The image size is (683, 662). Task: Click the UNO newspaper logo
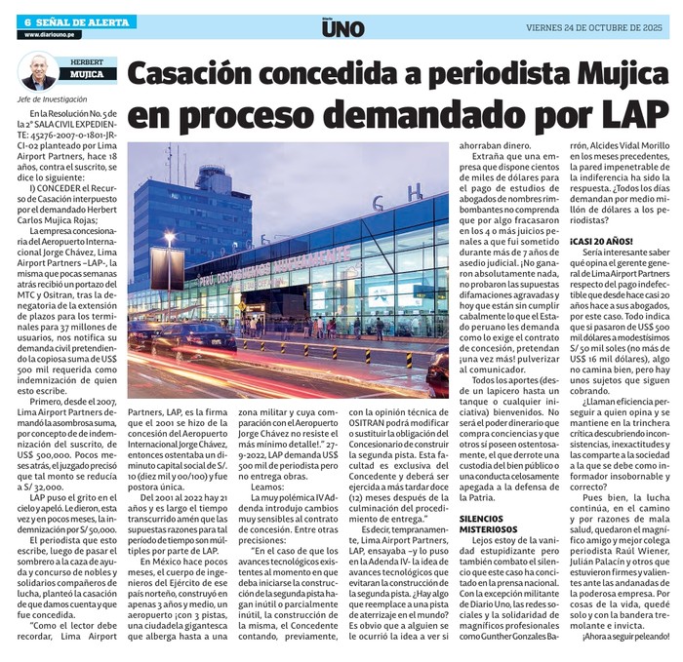coord(341,27)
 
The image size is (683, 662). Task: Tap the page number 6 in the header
coord(28,21)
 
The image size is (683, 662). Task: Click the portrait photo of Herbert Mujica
coord(38,72)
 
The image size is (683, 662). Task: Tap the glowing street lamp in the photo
coord(169,237)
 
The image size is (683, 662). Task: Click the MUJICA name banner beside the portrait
coord(87,73)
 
